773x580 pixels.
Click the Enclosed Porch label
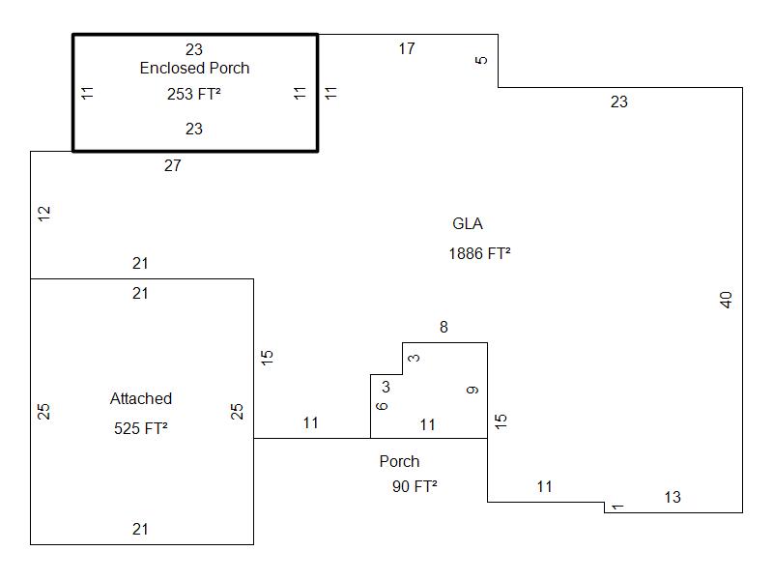194,68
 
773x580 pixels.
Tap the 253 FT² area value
194,94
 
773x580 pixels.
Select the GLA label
468,224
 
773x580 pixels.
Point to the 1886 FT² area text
479,254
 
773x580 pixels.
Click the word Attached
141,398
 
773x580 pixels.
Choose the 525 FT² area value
141,428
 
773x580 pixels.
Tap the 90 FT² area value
415,486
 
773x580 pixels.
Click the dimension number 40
727,300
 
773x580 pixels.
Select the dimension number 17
407,48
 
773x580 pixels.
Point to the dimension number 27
172,166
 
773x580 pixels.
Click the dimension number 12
43,215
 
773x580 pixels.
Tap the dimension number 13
673,497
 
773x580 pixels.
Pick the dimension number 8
444,328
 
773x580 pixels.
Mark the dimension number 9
472,391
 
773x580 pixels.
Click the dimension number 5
482,60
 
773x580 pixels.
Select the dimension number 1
618,506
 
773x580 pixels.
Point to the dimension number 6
382,406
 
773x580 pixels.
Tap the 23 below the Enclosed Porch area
194,129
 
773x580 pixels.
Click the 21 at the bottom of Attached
141,529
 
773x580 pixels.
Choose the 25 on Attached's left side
43,411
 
